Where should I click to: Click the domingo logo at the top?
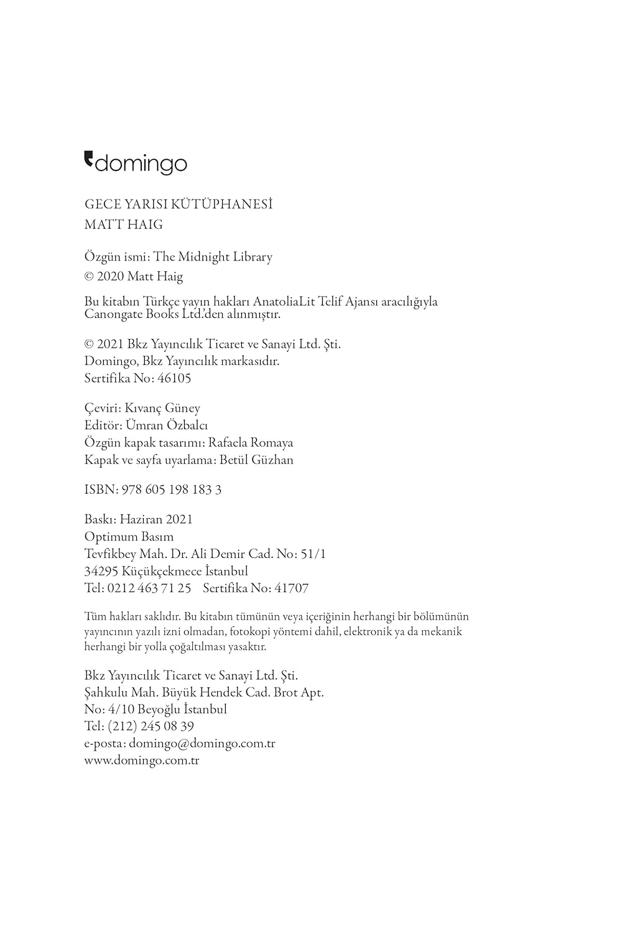coord(136,163)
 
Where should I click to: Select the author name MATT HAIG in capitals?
coord(123,225)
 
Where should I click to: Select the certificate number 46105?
coord(175,378)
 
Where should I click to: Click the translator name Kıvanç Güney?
coord(162,408)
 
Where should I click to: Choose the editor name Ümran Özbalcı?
coord(167,425)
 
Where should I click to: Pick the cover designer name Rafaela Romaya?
coord(251,443)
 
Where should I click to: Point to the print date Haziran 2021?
coord(156,519)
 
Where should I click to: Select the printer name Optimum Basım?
coord(129,537)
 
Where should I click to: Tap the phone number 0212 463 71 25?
coord(149,588)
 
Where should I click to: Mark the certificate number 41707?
coord(292,588)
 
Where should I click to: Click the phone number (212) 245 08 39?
coord(151,726)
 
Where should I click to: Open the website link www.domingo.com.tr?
coord(141,760)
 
